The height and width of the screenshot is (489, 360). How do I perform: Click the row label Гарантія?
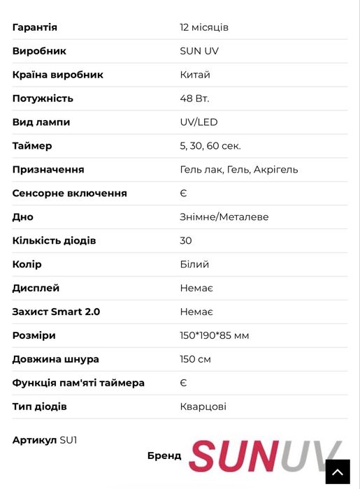[35, 27]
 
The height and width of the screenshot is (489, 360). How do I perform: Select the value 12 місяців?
[204, 27]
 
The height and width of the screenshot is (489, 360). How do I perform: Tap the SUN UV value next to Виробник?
[200, 51]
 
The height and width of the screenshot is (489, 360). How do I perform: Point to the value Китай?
[195, 75]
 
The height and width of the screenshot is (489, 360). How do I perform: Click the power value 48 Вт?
[194, 98]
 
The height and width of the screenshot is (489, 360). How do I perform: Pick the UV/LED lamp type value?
[199, 122]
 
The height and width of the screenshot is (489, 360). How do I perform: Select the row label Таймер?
[32, 146]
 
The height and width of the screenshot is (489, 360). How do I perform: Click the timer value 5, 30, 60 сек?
[210, 146]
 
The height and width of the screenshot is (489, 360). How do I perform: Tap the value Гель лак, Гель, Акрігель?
[239, 170]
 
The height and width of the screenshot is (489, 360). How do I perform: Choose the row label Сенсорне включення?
[70, 194]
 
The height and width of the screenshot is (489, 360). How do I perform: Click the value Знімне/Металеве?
[224, 217]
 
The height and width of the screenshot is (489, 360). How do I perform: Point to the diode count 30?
[186, 241]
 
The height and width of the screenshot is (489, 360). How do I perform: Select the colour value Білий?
[194, 265]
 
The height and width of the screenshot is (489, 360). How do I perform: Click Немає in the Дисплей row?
[196, 289]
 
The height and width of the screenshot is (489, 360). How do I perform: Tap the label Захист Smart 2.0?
[56, 312]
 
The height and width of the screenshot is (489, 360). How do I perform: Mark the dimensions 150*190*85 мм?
[215, 336]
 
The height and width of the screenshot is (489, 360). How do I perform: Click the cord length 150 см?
[196, 360]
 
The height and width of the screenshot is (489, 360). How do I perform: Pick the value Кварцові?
[203, 407]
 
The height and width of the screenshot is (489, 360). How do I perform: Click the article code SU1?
[69, 440]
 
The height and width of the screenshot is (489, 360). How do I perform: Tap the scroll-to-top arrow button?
[338, 472]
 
